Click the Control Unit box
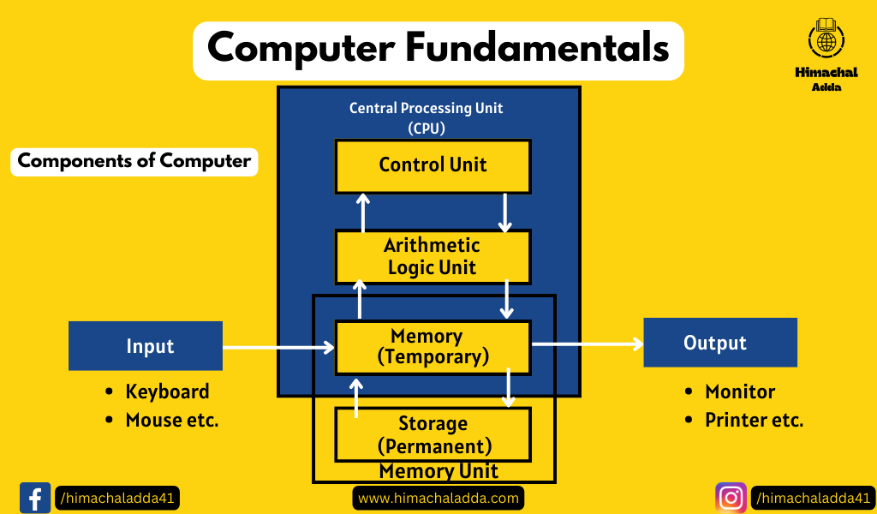coord(433,165)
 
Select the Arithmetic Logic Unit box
coord(433,256)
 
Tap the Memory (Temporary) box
coord(433,347)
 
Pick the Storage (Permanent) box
coord(433,434)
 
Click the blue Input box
coord(146,346)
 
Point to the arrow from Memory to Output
coord(587,344)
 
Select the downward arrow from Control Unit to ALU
coord(505,212)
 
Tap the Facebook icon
coord(35,497)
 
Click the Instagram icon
coord(731,497)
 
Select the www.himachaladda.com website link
coord(438,498)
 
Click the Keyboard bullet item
coord(167,391)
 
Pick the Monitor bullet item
coord(739,391)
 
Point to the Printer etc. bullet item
coord(754,420)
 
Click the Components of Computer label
coord(134,161)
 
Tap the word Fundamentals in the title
coord(538,48)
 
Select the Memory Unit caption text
coord(438,471)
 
